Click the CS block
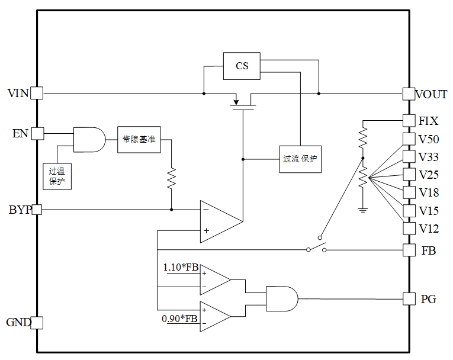pyautogui.click(x=242, y=66)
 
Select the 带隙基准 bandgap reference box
pyautogui.click(x=139, y=140)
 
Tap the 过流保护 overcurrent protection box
pyautogui.click(x=300, y=159)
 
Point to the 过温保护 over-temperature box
pyautogui.click(x=57, y=176)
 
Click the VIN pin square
pyautogui.click(x=37, y=93)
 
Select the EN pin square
pyautogui.click(x=37, y=133)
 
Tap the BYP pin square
pyautogui.click(x=37, y=210)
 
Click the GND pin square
pyautogui.click(x=37, y=323)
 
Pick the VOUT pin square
pyautogui.click(x=409, y=94)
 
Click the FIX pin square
pyautogui.click(x=409, y=120)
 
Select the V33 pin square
pyautogui.click(x=409, y=156)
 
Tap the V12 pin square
pyautogui.click(x=409, y=228)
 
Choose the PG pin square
pyautogui.click(x=409, y=299)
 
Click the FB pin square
pyautogui.click(x=409, y=250)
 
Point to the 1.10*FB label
pyautogui.click(x=181, y=267)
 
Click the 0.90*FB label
pyautogui.click(x=179, y=319)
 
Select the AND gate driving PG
pyautogui.click(x=282, y=299)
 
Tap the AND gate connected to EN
pyautogui.click(x=89, y=140)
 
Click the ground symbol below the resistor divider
pyautogui.click(x=363, y=210)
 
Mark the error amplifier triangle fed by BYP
pyautogui.click(x=221, y=221)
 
